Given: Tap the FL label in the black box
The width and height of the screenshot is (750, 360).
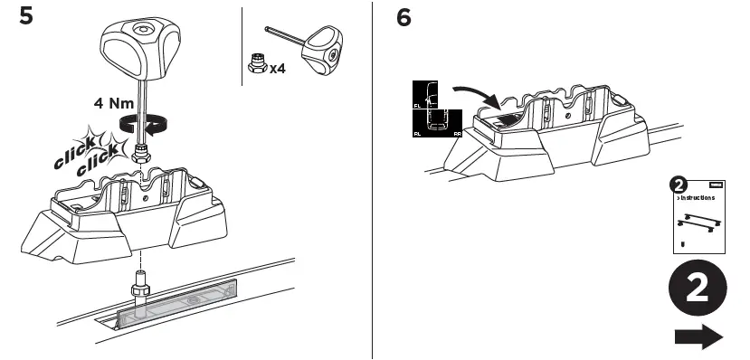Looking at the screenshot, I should [x=417, y=105].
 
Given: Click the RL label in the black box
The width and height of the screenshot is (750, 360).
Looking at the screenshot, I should [x=417, y=133].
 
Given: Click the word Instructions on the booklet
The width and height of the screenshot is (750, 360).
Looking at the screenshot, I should [x=698, y=196].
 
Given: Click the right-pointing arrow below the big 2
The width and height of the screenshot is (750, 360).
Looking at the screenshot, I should [x=698, y=337].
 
